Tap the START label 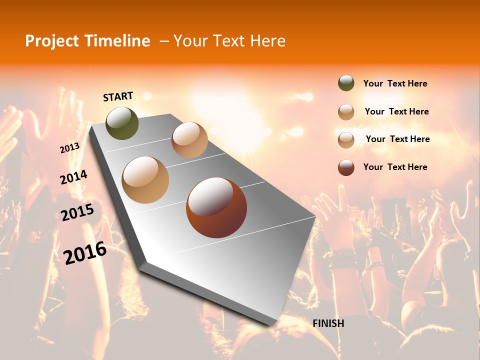[x=118, y=96]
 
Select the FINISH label [x=328, y=323]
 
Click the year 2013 [x=69, y=147]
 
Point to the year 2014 [x=73, y=177]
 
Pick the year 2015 [x=77, y=212]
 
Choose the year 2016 [x=85, y=252]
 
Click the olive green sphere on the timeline [x=122, y=123]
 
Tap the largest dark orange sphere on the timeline [x=216, y=207]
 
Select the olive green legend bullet [x=346, y=83]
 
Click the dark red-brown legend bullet [x=346, y=167]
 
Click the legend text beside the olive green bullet [x=395, y=83]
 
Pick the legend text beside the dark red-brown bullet [x=395, y=167]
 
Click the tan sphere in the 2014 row [x=145, y=179]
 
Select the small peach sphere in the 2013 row [x=189, y=140]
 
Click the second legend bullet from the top [x=346, y=112]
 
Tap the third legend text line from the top [x=397, y=139]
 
